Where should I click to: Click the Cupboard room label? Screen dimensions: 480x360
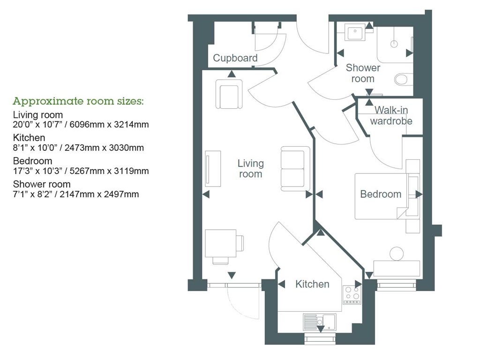pyautogui.click(x=235, y=58)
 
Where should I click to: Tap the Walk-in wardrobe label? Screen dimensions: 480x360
pyautogui.click(x=391, y=115)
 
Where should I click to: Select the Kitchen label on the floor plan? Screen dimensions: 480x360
pyautogui.click(x=312, y=284)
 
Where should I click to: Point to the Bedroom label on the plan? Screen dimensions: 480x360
pyautogui.click(x=381, y=194)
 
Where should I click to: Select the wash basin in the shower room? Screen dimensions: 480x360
pyautogui.click(x=355, y=32)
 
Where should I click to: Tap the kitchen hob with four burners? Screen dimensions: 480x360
pyautogui.click(x=352, y=294)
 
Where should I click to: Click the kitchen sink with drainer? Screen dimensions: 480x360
pyautogui.click(x=319, y=322)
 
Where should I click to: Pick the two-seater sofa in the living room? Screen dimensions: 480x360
pyautogui.click(x=295, y=169)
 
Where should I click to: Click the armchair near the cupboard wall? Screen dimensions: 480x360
pyautogui.click(x=229, y=94)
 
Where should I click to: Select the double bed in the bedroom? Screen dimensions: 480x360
pyautogui.click(x=386, y=196)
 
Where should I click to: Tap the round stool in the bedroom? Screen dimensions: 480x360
pyautogui.click(x=397, y=254)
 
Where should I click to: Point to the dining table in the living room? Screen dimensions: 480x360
pyautogui.click(x=221, y=243)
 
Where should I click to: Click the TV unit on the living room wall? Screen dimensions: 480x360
pyautogui.click(x=213, y=168)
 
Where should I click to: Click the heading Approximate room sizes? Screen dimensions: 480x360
pyautogui.click(x=78, y=101)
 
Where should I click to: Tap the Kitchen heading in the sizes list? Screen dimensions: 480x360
pyautogui.click(x=29, y=138)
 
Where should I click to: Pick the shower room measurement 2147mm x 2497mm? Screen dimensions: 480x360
pyautogui.click(x=99, y=194)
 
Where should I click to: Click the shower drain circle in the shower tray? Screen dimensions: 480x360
pyautogui.click(x=394, y=44)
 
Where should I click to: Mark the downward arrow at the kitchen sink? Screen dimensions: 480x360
pyautogui.click(x=320, y=329)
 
